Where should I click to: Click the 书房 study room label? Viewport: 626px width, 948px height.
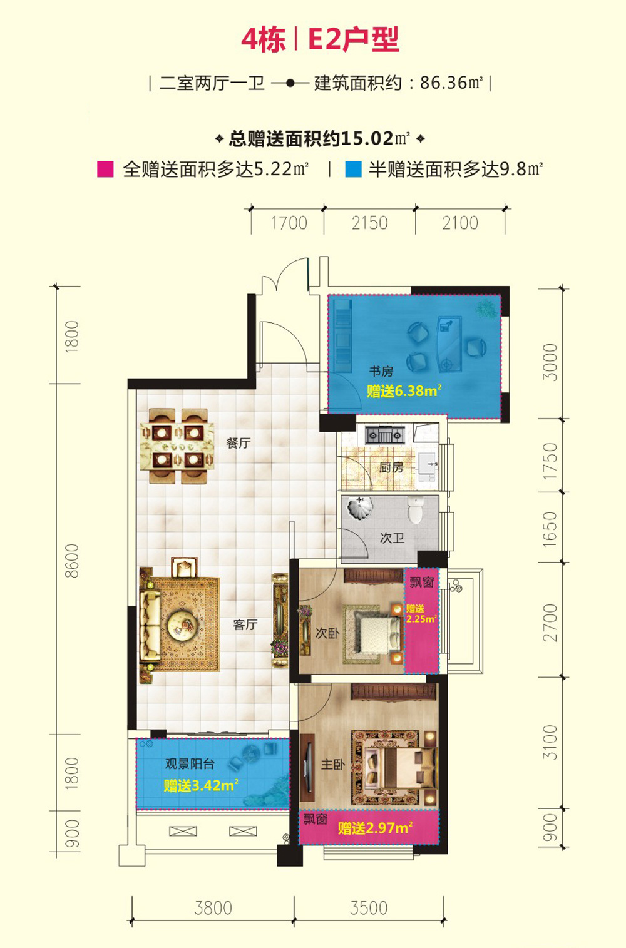pyautogui.click(x=381, y=371)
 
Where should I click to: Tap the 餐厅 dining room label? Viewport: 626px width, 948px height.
pyautogui.click(x=239, y=443)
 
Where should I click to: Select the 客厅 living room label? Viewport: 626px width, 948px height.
pyautogui.click(x=245, y=624)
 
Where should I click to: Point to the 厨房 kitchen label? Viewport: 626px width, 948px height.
pyautogui.click(x=391, y=467)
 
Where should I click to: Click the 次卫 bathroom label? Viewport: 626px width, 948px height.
pyautogui.click(x=392, y=538)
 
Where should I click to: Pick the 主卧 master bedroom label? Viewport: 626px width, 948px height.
pyautogui.click(x=333, y=764)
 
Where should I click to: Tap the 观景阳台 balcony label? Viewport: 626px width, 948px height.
pyautogui.click(x=190, y=764)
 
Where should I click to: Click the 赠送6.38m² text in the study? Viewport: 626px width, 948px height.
pyautogui.click(x=404, y=390)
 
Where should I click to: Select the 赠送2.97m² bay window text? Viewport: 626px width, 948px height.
pyautogui.click(x=375, y=828)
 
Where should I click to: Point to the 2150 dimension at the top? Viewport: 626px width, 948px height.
pyautogui.click(x=369, y=223)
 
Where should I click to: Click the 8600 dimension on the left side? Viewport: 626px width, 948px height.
pyautogui.click(x=73, y=561)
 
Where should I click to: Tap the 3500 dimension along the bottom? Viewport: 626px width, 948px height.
pyautogui.click(x=368, y=908)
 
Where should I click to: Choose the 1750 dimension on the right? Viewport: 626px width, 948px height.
pyautogui.click(x=550, y=461)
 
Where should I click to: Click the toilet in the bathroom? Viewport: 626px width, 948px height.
pyautogui.click(x=416, y=509)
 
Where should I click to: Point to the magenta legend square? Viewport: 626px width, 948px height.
pyautogui.click(x=105, y=170)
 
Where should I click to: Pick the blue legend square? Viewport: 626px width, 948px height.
pyautogui.click(x=353, y=170)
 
